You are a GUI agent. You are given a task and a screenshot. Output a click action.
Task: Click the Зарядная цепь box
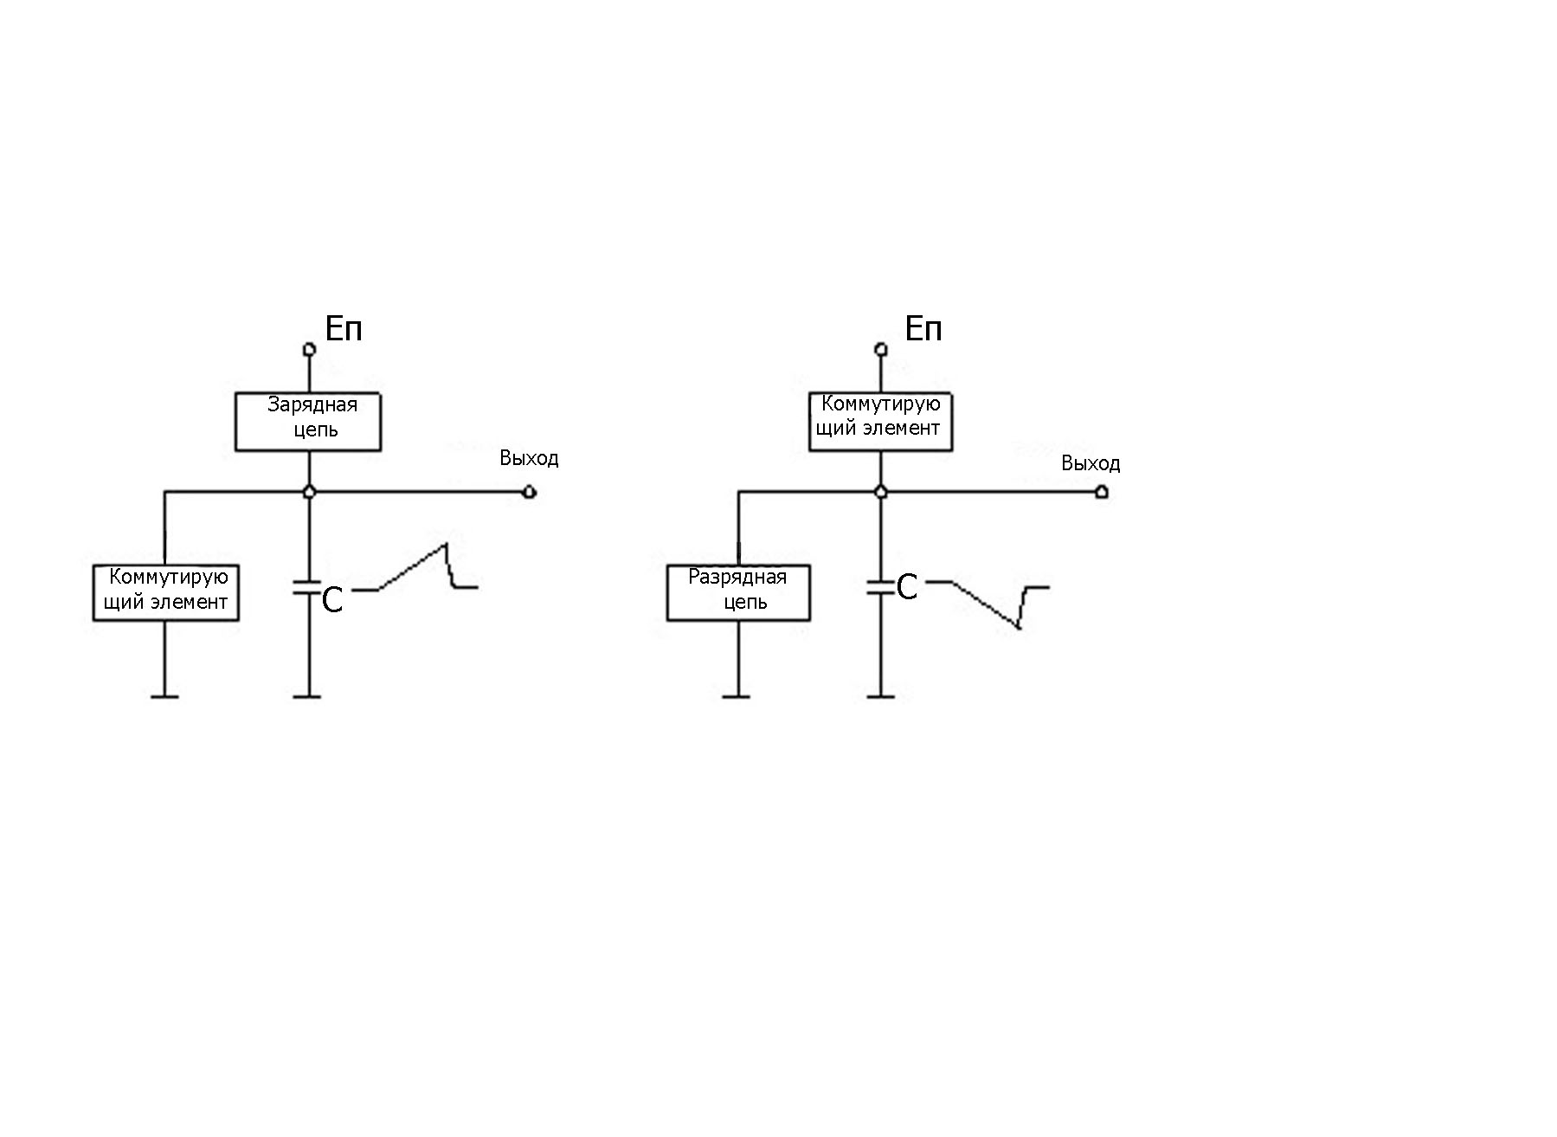coord(308,422)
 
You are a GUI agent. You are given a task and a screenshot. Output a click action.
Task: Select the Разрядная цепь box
coord(738,592)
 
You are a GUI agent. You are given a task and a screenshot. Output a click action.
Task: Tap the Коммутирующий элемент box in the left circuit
coord(165,592)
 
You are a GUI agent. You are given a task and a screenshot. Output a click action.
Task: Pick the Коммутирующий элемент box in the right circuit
coord(880,422)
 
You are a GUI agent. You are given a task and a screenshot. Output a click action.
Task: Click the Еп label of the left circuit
coord(344,329)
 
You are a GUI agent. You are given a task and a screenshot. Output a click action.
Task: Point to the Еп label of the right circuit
coord(923,329)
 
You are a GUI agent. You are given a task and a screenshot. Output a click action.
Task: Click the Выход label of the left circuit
coord(529,458)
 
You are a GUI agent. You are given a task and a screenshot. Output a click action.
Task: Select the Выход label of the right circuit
coord(1091,464)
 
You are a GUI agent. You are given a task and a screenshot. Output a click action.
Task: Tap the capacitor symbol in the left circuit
coord(308,586)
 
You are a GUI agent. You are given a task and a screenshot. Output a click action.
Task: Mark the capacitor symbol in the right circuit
coord(880,586)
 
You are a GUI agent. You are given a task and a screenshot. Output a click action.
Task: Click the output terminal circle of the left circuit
coord(531,493)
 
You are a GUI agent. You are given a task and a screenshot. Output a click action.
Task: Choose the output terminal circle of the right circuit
coord(1102,493)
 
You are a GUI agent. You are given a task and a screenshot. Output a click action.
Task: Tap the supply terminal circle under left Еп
coord(309,350)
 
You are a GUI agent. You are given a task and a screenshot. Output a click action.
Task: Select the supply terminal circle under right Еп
coord(881,350)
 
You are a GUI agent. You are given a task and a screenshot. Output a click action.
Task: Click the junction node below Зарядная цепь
coord(309,493)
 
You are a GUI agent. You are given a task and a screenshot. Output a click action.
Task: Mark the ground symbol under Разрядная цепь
coord(737,695)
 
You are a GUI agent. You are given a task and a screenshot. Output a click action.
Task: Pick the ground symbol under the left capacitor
coord(307,695)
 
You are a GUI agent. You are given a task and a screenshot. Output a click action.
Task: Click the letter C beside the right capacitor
coord(907,588)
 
